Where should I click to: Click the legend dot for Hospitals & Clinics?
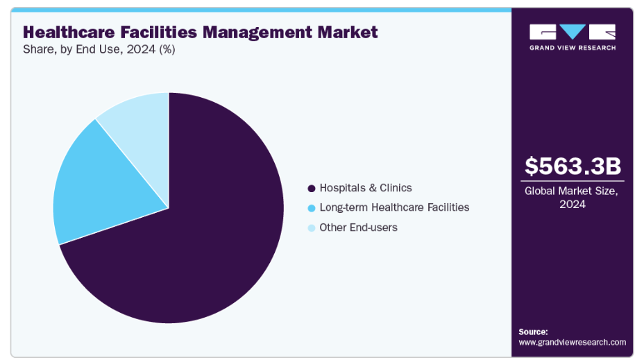pyautogui.click(x=312, y=188)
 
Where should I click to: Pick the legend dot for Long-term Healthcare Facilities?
pyautogui.click(x=312, y=207)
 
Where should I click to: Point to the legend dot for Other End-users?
pyautogui.click(x=312, y=228)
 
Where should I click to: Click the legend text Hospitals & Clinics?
pyautogui.click(x=365, y=188)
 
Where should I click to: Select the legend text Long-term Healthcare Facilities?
pyautogui.click(x=394, y=207)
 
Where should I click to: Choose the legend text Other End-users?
pyautogui.click(x=358, y=228)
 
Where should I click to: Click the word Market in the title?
pyautogui.click(x=350, y=32)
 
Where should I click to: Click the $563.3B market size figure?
pyautogui.click(x=573, y=166)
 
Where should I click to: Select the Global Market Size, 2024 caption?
pyautogui.click(x=573, y=197)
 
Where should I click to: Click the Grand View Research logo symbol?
pyautogui.click(x=573, y=32)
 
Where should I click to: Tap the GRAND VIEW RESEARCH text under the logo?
pyautogui.click(x=573, y=47)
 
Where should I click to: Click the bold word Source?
pyautogui.click(x=533, y=332)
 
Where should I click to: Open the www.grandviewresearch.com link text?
pyautogui.click(x=573, y=342)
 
